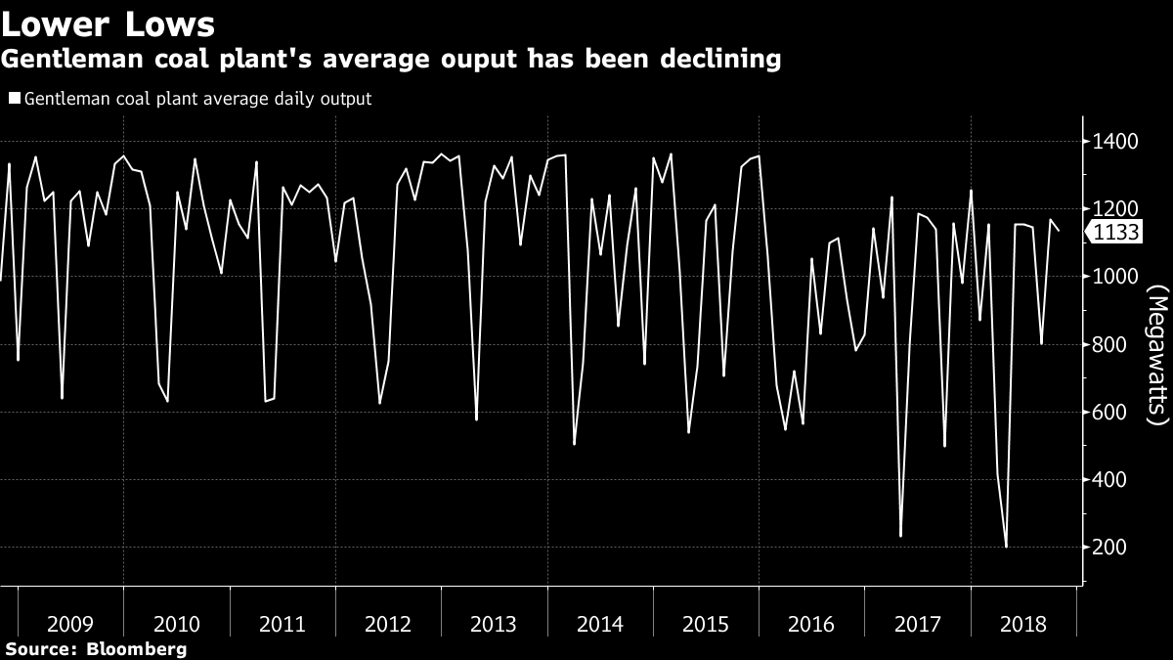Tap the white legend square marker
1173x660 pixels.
14,99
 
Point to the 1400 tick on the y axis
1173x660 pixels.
1114,142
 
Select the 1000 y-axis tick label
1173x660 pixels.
1114,277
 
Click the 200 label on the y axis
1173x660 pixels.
1111,548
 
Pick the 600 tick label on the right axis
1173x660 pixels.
1111,413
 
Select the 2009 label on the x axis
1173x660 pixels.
70,623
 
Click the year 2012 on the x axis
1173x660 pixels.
388,623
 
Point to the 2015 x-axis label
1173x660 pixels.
706,623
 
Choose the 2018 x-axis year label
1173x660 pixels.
1022,623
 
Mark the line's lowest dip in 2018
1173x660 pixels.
1006,547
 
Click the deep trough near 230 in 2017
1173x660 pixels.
900,536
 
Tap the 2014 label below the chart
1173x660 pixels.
600,623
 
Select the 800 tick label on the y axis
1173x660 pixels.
1111,345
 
